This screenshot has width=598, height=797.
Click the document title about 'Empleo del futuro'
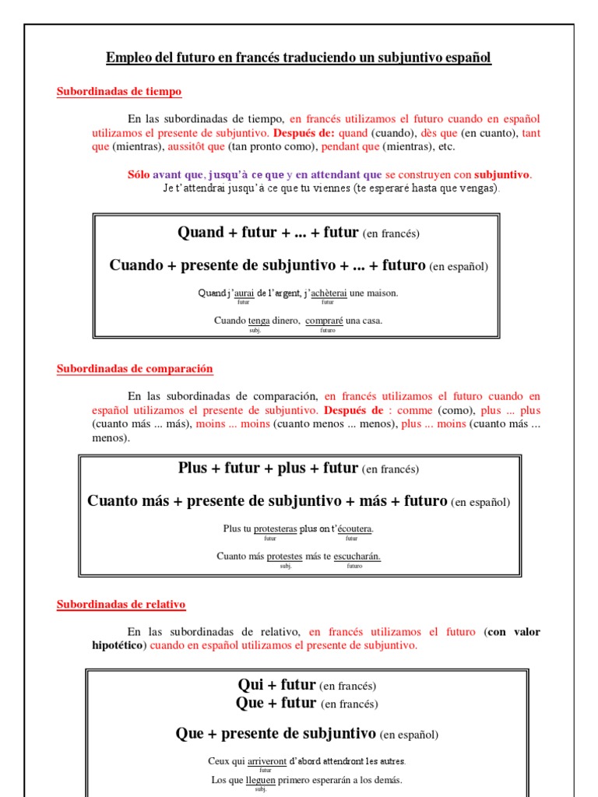pos(299,58)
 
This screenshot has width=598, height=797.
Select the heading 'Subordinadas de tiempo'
pos(119,92)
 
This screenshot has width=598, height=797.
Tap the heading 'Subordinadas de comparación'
pos(135,369)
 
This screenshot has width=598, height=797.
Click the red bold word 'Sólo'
pos(139,175)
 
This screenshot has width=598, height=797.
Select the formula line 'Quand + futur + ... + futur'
pos(268,233)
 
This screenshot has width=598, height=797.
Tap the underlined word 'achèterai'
pos(328,293)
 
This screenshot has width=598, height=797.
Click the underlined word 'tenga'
pos(259,321)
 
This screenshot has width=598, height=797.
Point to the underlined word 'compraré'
pos(325,321)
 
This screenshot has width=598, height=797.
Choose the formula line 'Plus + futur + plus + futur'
pos(268,469)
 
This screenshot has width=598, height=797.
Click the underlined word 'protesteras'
pos(270,529)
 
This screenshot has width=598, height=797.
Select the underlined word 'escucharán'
pos(357,556)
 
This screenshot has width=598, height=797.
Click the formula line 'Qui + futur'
pos(276,686)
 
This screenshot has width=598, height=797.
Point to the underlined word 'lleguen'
pos(261,780)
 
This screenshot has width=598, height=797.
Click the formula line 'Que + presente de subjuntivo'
pos(276,734)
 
